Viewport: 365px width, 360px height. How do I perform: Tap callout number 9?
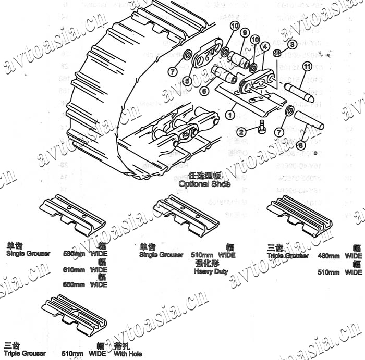coord(244,33)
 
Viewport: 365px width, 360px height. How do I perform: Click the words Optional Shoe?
coord(204,184)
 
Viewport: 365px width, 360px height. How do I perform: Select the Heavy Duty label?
coord(211,271)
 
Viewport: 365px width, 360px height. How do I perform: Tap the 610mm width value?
coord(74,270)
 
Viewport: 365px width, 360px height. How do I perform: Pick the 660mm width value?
coord(74,284)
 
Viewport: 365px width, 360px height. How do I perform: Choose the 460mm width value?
coord(330,256)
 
